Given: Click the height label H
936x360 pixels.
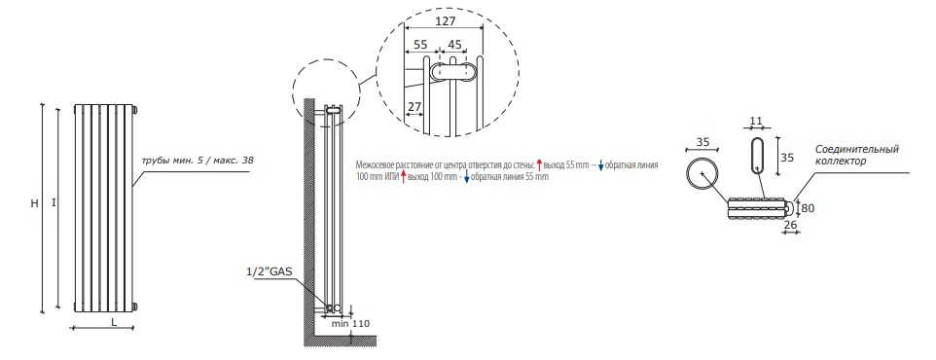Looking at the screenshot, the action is pyautogui.click(x=35, y=203).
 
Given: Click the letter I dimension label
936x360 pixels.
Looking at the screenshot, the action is pyautogui.click(x=54, y=203).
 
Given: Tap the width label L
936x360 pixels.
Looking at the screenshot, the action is pyautogui.click(x=113, y=322).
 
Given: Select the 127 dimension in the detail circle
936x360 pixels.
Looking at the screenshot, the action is pyautogui.click(x=446, y=20).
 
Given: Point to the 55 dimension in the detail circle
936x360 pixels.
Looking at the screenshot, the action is pyautogui.click(x=420, y=44).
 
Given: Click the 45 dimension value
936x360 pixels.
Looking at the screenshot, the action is pyautogui.click(x=454, y=44).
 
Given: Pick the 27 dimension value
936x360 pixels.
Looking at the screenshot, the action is pyautogui.click(x=414, y=107).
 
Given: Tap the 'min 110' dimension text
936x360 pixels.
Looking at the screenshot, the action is pyautogui.click(x=351, y=324).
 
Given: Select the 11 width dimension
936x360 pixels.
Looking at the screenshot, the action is pyautogui.click(x=756, y=122).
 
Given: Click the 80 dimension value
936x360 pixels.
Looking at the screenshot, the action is pyautogui.click(x=807, y=208).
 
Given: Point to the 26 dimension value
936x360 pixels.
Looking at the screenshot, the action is pyautogui.click(x=789, y=225).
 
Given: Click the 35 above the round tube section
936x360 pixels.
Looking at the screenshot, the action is pyautogui.click(x=702, y=142).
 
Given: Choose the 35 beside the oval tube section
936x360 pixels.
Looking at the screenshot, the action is pyautogui.click(x=787, y=159).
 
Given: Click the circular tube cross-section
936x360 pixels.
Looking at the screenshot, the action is pyautogui.click(x=702, y=175).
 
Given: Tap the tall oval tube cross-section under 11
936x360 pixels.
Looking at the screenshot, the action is pyautogui.click(x=756, y=154).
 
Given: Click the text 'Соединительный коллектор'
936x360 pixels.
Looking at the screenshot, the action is pyautogui.click(x=856, y=155).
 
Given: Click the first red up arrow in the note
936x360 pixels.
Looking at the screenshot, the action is pyautogui.click(x=539, y=165).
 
